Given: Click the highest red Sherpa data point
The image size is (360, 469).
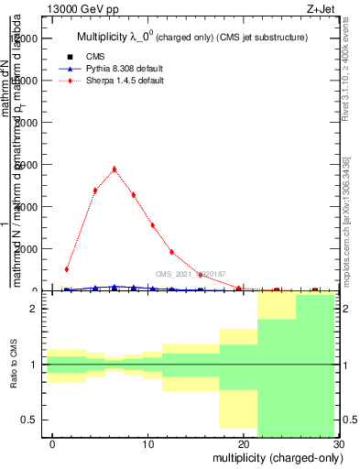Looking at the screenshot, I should click(x=115, y=169).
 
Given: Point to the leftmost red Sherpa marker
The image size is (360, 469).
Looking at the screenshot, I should click(x=67, y=269).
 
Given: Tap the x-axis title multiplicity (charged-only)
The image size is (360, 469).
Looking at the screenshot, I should click(x=275, y=457).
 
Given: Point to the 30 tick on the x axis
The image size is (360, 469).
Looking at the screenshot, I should click(x=338, y=443).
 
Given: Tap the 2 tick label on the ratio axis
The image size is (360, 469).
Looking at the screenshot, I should click(x=38, y=310).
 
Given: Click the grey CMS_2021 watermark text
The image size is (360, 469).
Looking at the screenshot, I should click(x=191, y=274).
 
